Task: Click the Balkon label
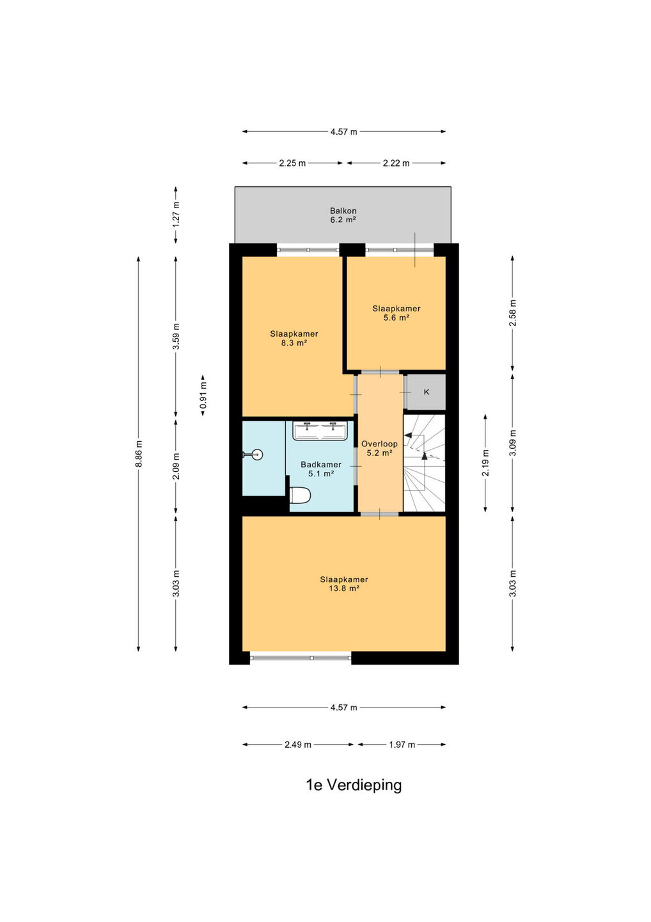(x=343, y=211)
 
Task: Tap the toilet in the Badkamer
(x=299, y=495)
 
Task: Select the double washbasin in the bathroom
(x=320, y=430)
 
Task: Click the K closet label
(x=426, y=392)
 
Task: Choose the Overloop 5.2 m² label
(x=379, y=448)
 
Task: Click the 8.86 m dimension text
(x=139, y=453)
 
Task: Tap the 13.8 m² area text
(x=344, y=588)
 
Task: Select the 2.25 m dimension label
(x=292, y=163)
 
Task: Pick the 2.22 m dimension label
(x=396, y=163)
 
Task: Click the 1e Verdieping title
(x=354, y=785)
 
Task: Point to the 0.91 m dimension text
(x=203, y=396)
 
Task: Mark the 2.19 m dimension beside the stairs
(x=486, y=463)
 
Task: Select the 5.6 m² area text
(x=396, y=318)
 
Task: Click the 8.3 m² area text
(x=294, y=343)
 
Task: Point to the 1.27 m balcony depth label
(x=176, y=214)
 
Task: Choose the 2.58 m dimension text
(x=512, y=313)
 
